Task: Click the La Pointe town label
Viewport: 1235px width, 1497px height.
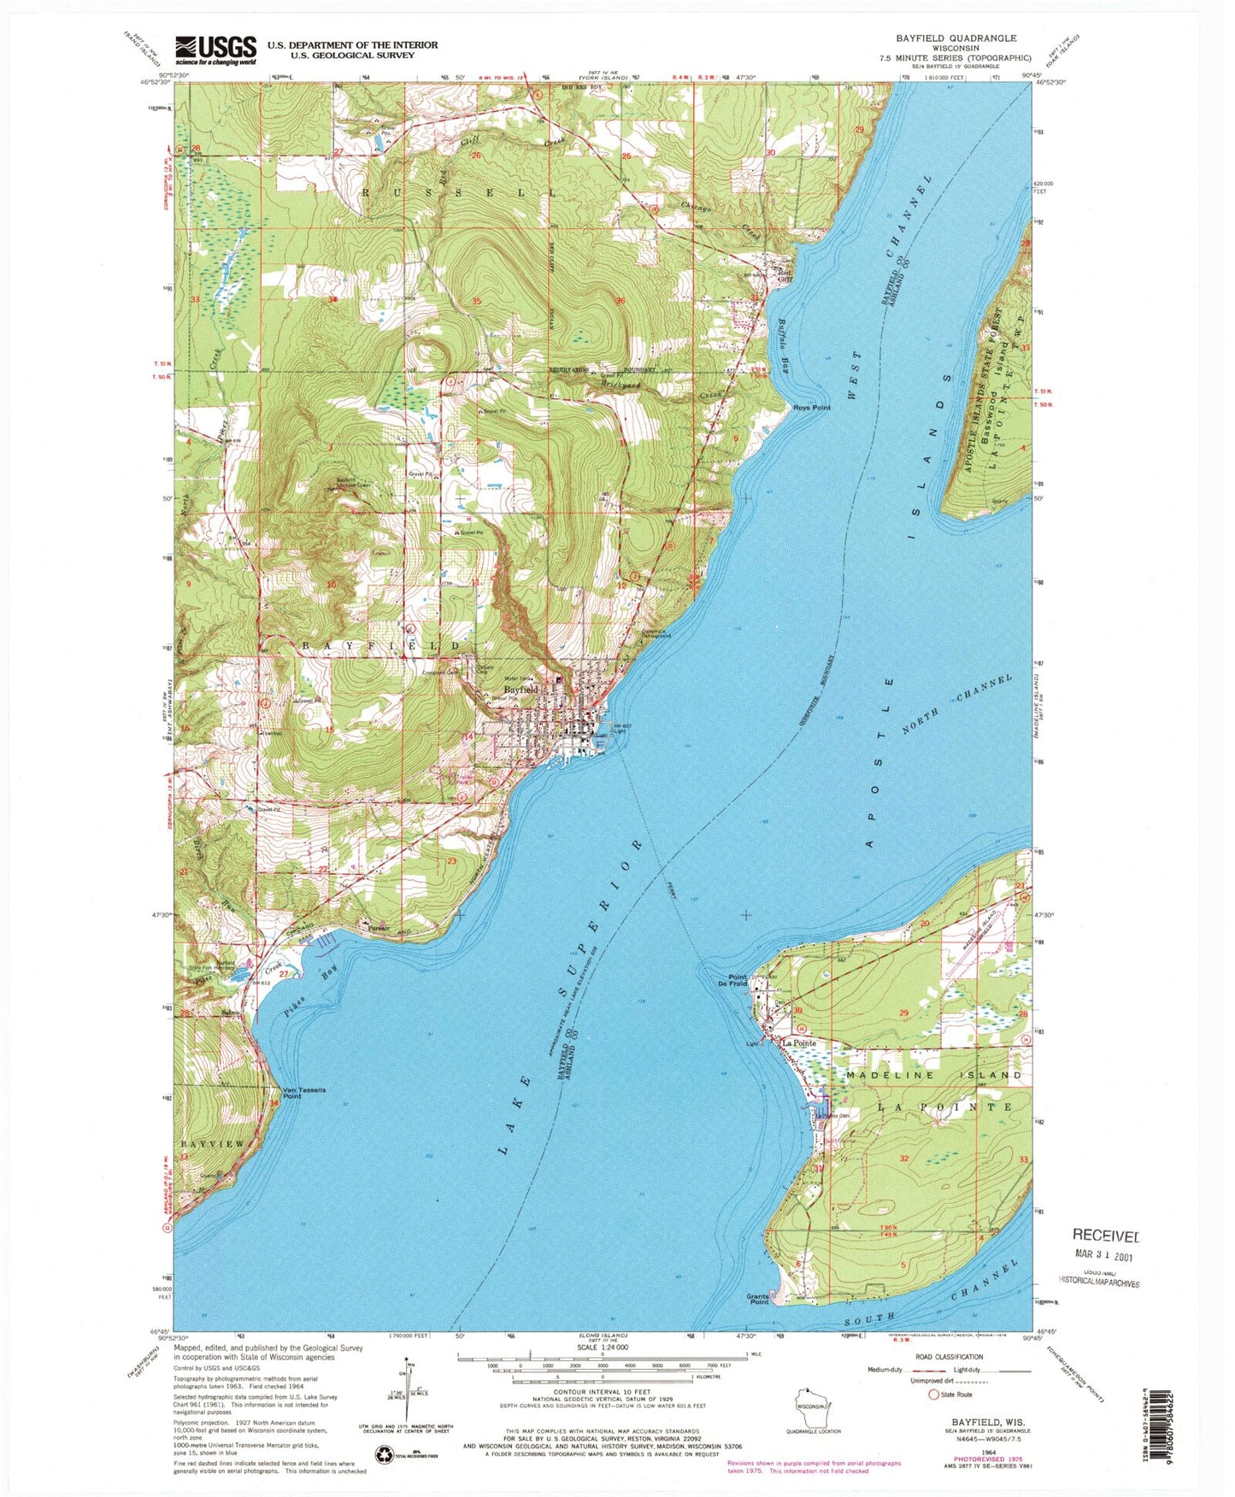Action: click(800, 1043)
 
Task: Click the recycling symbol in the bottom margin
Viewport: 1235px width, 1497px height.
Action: click(387, 1454)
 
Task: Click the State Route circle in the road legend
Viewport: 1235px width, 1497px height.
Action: click(932, 1394)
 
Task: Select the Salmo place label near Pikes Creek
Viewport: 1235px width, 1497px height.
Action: click(228, 1013)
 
